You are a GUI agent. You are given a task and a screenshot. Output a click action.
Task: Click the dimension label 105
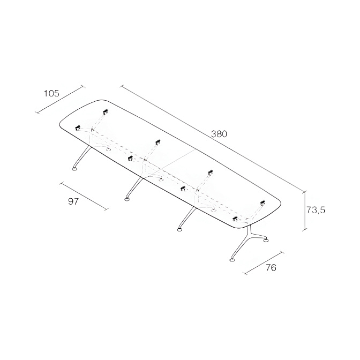pos(51,93)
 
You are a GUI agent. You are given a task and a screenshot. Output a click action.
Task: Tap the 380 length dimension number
pos(219,134)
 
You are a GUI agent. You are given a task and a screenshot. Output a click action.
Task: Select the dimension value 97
pos(73,201)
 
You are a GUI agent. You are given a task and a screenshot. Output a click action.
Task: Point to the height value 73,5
pos(316,210)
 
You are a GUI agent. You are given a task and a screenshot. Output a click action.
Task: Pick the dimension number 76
pos(271,267)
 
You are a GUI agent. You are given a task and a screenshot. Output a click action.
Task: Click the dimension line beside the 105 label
pos(60,100)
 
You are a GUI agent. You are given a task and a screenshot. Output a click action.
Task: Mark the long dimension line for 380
pos(213,139)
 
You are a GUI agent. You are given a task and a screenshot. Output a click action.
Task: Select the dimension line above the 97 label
pos(84,196)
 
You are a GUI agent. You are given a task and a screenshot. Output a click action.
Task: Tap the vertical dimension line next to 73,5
pos(305,211)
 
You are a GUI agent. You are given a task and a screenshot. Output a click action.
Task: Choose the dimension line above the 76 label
pos(264,263)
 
